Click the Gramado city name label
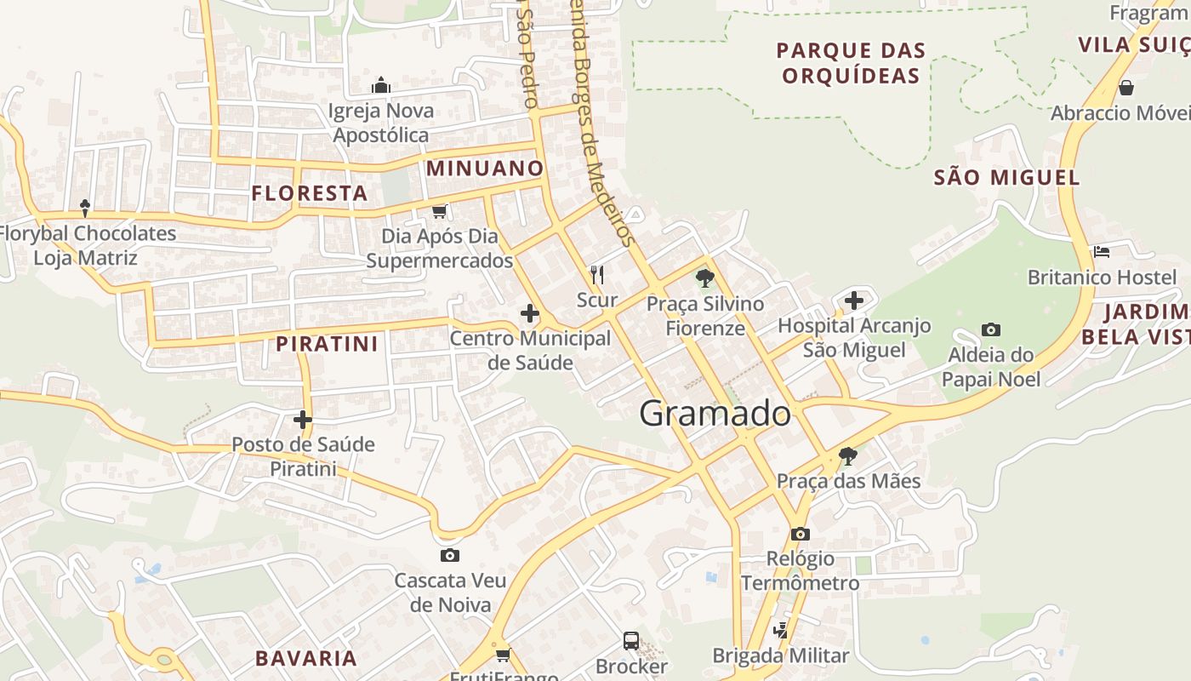pos(715,414)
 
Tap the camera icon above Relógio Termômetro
pos(800,534)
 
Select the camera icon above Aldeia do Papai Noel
pos(990,329)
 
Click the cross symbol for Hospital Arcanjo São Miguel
pos(854,300)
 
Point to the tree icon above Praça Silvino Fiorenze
pos(704,278)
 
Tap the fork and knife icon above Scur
pos(597,274)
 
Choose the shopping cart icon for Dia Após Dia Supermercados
pos(439,211)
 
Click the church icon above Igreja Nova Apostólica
pos(381,85)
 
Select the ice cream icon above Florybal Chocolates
pos(85,208)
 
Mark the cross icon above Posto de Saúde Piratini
pos(303,419)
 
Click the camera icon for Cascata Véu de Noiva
pos(450,555)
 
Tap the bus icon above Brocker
pos(630,640)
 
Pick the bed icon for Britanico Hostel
pos(1102,251)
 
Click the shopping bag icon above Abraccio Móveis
pos(1125,88)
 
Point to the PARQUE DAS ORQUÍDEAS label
pos(851,63)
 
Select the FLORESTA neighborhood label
pos(310,193)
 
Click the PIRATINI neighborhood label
pos(327,344)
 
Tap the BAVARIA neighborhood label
pos(306,658)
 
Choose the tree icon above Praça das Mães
pos(847,455)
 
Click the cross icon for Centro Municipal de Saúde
pos(529,313)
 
